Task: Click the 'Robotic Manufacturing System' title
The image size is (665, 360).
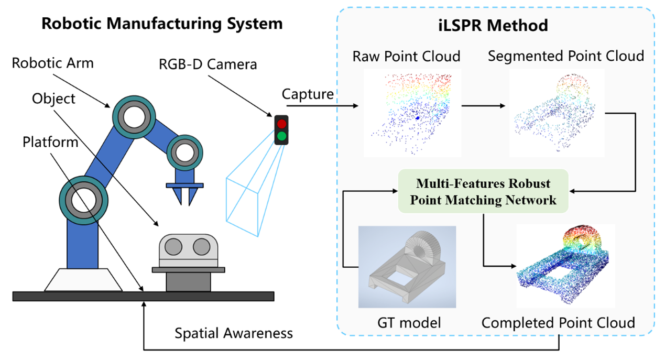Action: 162,24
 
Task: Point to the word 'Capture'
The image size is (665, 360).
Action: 307,94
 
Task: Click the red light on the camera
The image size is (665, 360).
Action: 282,124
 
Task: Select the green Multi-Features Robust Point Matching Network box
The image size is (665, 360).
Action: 483,191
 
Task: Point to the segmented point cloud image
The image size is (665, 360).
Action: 556,112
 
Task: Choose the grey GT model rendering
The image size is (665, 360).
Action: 407,267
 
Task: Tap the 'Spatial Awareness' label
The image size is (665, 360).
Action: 234,333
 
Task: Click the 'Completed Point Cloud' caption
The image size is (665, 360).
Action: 558,323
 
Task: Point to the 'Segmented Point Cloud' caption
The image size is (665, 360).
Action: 565,56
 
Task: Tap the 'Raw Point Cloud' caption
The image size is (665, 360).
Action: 406,56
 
